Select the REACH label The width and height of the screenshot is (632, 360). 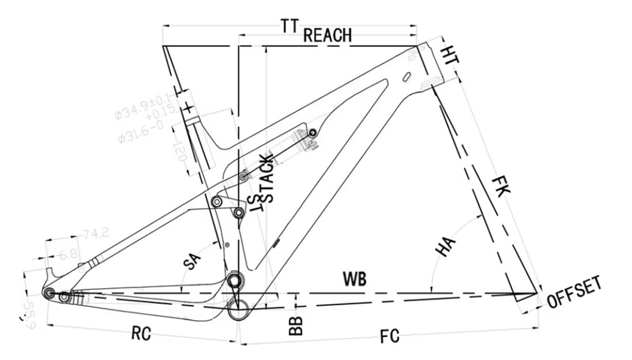[x=327, y=35]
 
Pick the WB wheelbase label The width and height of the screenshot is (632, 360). [x=355, y=278]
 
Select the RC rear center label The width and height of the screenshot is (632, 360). [x=141, y=333]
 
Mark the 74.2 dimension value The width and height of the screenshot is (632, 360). [x=95, y=234]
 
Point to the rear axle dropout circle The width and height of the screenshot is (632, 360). [x=50, y=294]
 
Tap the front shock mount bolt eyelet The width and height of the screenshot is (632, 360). [x=313, y=133]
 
